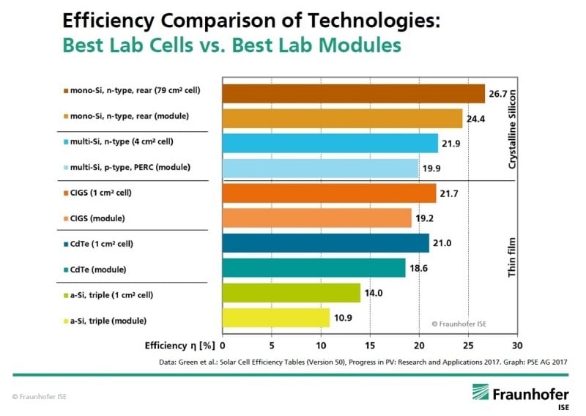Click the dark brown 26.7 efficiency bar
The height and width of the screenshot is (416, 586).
[x=353, y=94]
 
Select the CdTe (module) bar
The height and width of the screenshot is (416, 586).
[x=314, y=268]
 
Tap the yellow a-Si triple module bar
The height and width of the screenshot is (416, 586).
[x=276, y=318]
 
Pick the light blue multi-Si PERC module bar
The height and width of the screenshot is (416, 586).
[x=320, y=168]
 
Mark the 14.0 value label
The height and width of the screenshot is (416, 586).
[x=374, y=293]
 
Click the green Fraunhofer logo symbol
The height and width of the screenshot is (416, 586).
[x=481, y=393]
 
